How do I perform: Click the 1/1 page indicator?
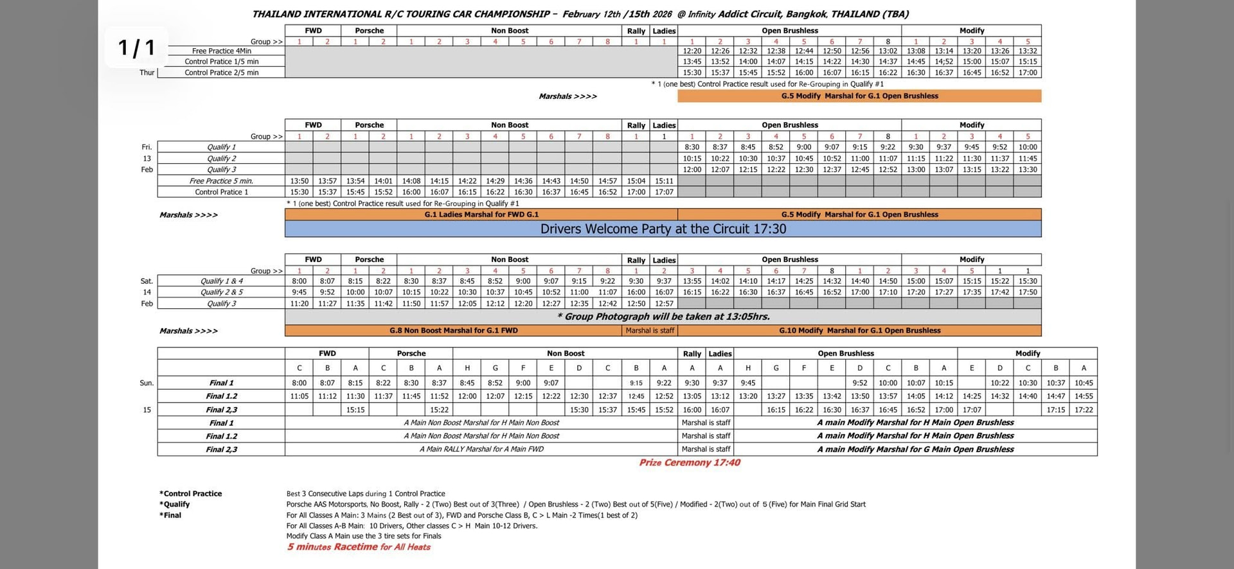[x=136, y=48]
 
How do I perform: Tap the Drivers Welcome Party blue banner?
[x=663, y=229]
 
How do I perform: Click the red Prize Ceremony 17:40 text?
[x=689, y=462]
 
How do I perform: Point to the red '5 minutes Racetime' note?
[x=359, y=547]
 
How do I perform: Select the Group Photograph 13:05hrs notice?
[x=663, y=317]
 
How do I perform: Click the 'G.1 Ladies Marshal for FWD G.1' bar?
[x=481, y=214]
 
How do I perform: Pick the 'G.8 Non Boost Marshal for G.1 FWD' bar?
[x=453, y=331]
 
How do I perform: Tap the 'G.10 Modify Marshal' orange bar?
[x=859, y=331]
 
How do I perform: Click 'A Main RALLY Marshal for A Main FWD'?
[x=481, y=449]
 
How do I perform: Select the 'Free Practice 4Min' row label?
[x=222, y=51]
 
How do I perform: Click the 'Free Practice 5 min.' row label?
[x=222, y=181]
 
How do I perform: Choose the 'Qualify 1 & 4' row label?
[x=222, y=281]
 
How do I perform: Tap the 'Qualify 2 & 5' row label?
[x=222, y=292]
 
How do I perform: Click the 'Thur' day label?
[x=147, y=73]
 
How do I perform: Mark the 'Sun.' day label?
[x=147, y=383]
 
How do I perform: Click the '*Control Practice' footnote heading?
[x=191, y=494]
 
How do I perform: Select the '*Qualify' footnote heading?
[x=175, y=505]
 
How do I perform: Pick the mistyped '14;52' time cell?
[x=943, y=62]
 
